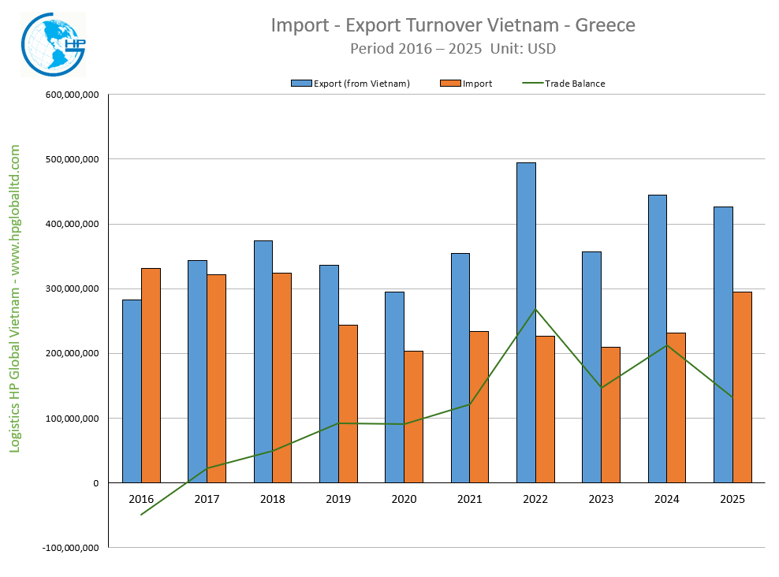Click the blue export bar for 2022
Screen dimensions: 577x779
[526, 322]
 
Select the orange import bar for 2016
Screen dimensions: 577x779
[151, 375]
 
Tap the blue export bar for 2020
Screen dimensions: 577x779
[394, 387]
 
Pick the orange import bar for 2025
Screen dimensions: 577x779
[742, 387]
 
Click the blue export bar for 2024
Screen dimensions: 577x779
[657, 338]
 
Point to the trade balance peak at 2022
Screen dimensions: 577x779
[535, 309]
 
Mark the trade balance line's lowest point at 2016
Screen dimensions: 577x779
[141, 515]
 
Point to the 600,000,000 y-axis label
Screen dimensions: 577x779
[72, 95]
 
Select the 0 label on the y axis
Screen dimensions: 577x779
[95, 482]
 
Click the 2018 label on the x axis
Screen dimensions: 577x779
[273, 499]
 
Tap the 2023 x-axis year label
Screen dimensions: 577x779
[601, 499]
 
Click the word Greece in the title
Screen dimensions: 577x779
[605, 25]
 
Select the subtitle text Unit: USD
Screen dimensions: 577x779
[523, 48]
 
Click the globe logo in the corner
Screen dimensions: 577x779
[52, 44]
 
